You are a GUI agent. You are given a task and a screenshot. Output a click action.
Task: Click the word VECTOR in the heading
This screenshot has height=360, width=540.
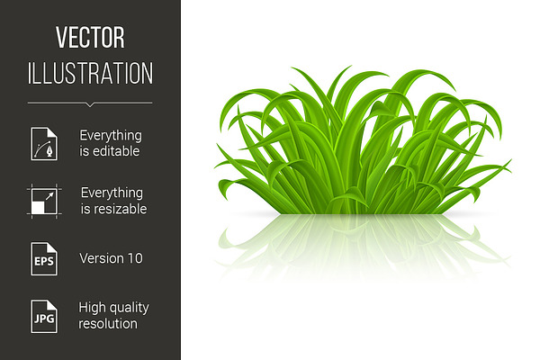tap(90, 37)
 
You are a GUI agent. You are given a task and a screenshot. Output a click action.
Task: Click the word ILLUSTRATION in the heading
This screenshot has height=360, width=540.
tap(90, 73)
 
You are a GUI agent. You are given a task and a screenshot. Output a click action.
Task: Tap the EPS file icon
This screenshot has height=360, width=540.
tap(44, 258)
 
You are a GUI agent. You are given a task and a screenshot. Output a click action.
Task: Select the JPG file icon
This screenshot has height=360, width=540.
tap(44, 316)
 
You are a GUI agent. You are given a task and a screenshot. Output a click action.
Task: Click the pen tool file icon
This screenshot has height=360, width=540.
tap(44, 144)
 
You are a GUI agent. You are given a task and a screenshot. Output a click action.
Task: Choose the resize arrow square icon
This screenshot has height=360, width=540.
tap(44, 202)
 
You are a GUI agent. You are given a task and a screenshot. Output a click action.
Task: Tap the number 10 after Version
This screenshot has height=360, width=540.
tap(134, 258)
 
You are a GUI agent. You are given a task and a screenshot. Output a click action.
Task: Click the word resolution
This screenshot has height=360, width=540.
tap(108, 324)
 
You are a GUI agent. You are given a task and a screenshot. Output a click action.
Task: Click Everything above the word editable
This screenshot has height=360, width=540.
tap(111, 135)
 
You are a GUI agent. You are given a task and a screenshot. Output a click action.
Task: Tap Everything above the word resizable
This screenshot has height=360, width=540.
tap(112, 193)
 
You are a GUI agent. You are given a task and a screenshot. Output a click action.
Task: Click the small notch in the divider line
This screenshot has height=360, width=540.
tap(90, 104)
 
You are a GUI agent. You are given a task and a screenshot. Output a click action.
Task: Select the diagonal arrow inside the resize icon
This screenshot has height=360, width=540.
tap(49, 196)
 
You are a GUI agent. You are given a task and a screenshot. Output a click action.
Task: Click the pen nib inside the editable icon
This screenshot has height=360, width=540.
tap(50, 151)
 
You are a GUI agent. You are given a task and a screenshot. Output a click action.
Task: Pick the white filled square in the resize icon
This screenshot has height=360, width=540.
tap(38, 208)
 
